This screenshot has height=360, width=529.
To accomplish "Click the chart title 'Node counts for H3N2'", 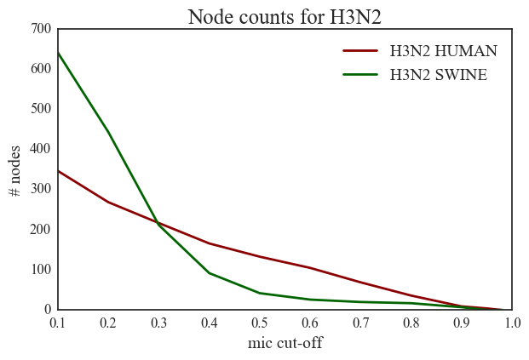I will click(285, 16).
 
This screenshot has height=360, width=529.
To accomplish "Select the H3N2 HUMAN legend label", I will click(443, 50).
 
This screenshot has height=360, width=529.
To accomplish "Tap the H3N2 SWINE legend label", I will click(438, 75).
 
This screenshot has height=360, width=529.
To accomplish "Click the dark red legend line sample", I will click(360, 50).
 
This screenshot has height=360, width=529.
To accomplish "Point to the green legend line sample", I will click(360, 75).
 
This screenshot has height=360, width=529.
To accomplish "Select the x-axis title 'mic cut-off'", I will click(285, 344).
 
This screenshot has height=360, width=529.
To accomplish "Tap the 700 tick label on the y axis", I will click(41, 28).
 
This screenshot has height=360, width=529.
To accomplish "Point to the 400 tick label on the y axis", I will click(41, 149).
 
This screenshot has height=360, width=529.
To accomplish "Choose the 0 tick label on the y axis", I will click(48, 310).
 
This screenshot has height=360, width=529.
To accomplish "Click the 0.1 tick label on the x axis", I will click(58, 323).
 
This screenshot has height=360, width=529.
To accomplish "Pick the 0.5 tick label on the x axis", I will click(260, 323).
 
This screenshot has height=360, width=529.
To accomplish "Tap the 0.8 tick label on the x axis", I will click(411, 323).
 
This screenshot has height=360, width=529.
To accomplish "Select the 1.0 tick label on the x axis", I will click(512, 323).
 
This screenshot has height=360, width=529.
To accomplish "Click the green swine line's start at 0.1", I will click(58, 53).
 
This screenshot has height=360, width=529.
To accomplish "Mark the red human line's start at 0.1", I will click(58, 171).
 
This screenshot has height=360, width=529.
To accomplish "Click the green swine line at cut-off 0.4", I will click(210, 273).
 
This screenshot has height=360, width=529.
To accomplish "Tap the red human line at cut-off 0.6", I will click(310, 268).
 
